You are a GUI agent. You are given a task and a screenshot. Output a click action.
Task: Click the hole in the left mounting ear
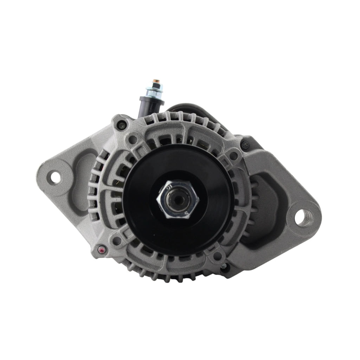point(55,177)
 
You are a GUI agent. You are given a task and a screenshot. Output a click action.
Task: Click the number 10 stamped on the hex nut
point(169,186)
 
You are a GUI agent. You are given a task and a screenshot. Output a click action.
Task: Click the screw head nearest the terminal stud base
point(122,124)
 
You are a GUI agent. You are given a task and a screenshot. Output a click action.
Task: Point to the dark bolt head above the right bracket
point(245,144)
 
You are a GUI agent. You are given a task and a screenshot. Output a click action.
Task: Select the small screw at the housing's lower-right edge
point(224,268)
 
